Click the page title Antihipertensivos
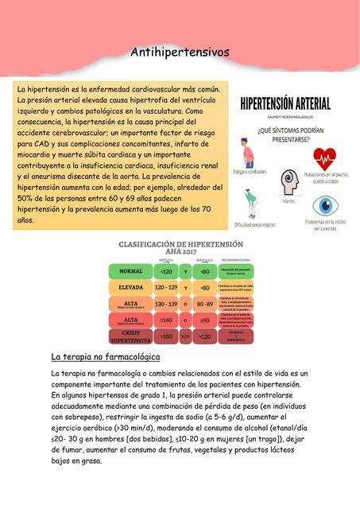[x=180, y=52]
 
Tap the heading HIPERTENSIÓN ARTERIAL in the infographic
[x=285, y=103]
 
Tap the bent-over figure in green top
[x=254, y=205]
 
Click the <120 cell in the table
[x=165, y=271]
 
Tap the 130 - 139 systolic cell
[x=165, y=303]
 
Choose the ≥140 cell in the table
[x=165, y=320]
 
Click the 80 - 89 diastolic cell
[x=204, y=303]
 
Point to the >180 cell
[x=165, y=336]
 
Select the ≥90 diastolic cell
[x=204, y=320]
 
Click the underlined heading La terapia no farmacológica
[x=105, y=357]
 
